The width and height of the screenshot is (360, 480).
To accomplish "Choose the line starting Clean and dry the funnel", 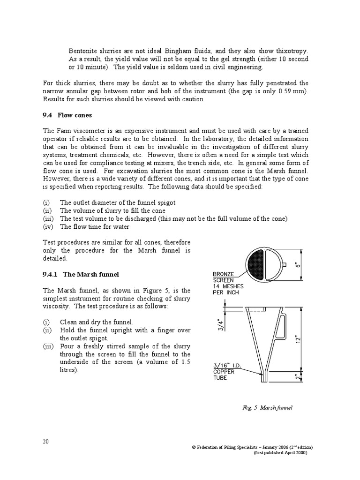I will pos(97,322).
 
